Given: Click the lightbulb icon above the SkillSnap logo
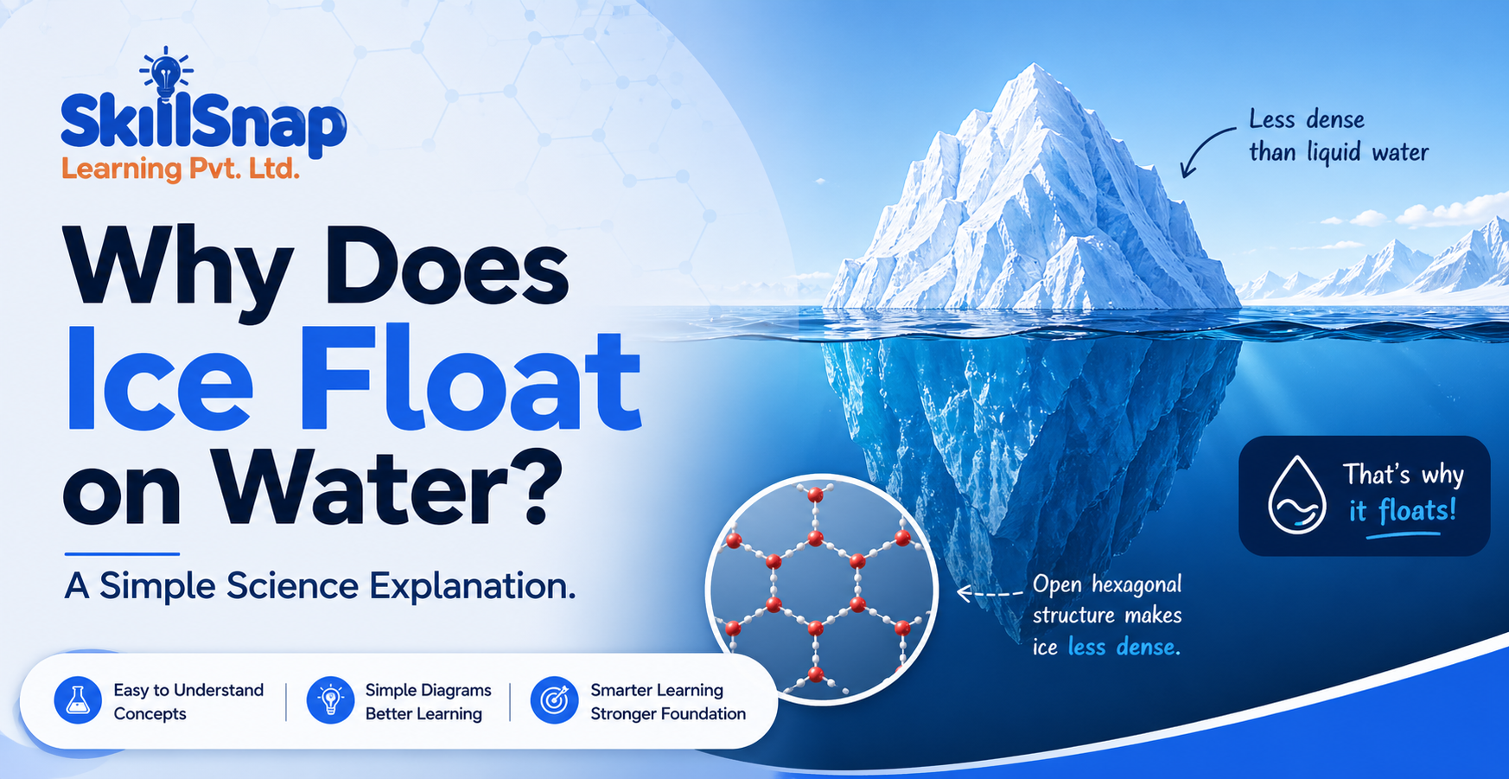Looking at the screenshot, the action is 166,73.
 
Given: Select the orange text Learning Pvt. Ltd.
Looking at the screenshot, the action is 181,169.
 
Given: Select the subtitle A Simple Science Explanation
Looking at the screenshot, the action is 320,586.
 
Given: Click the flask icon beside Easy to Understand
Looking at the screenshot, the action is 78,699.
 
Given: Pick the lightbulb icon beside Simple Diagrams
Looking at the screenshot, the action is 330,699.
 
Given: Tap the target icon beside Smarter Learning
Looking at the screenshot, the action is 554,699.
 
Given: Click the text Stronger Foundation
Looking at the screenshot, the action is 668,713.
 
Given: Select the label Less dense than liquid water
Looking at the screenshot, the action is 1338,136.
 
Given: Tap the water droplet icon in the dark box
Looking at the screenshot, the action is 1296,495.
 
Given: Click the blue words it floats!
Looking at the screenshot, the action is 1403,511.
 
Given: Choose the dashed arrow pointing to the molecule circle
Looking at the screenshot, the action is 990,593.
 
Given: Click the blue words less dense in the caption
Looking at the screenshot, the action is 1124,647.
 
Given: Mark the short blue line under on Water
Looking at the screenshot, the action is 122,553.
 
